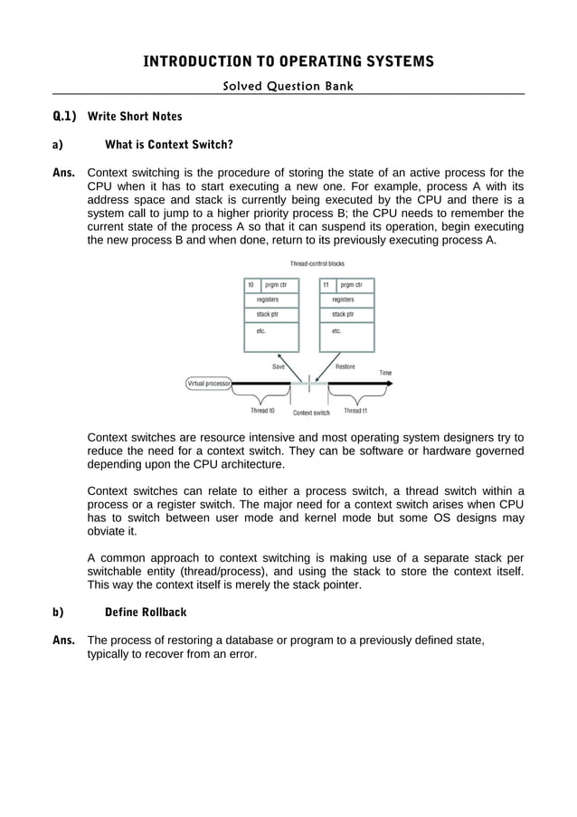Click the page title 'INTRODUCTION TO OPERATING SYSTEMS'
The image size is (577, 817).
[288, 62]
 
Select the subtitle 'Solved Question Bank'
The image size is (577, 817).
[288, 86]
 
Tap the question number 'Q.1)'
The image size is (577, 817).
[64, 117]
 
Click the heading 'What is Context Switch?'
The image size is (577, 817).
[169, 144]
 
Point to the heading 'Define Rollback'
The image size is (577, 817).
[146, 613]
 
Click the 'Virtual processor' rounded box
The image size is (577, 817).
[209, 383]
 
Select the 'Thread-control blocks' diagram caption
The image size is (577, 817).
[310, 263]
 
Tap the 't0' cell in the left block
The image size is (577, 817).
[251, 284]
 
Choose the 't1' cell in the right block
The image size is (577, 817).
[326, 284]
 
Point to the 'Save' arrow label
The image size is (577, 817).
[279, 366]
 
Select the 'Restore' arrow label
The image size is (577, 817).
[345, 366]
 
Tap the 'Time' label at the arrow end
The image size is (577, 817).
[385, 373]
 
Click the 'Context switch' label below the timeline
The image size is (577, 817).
[311, 413]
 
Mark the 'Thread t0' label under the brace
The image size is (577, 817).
[262, 411]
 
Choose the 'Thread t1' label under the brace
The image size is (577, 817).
[355, 411]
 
